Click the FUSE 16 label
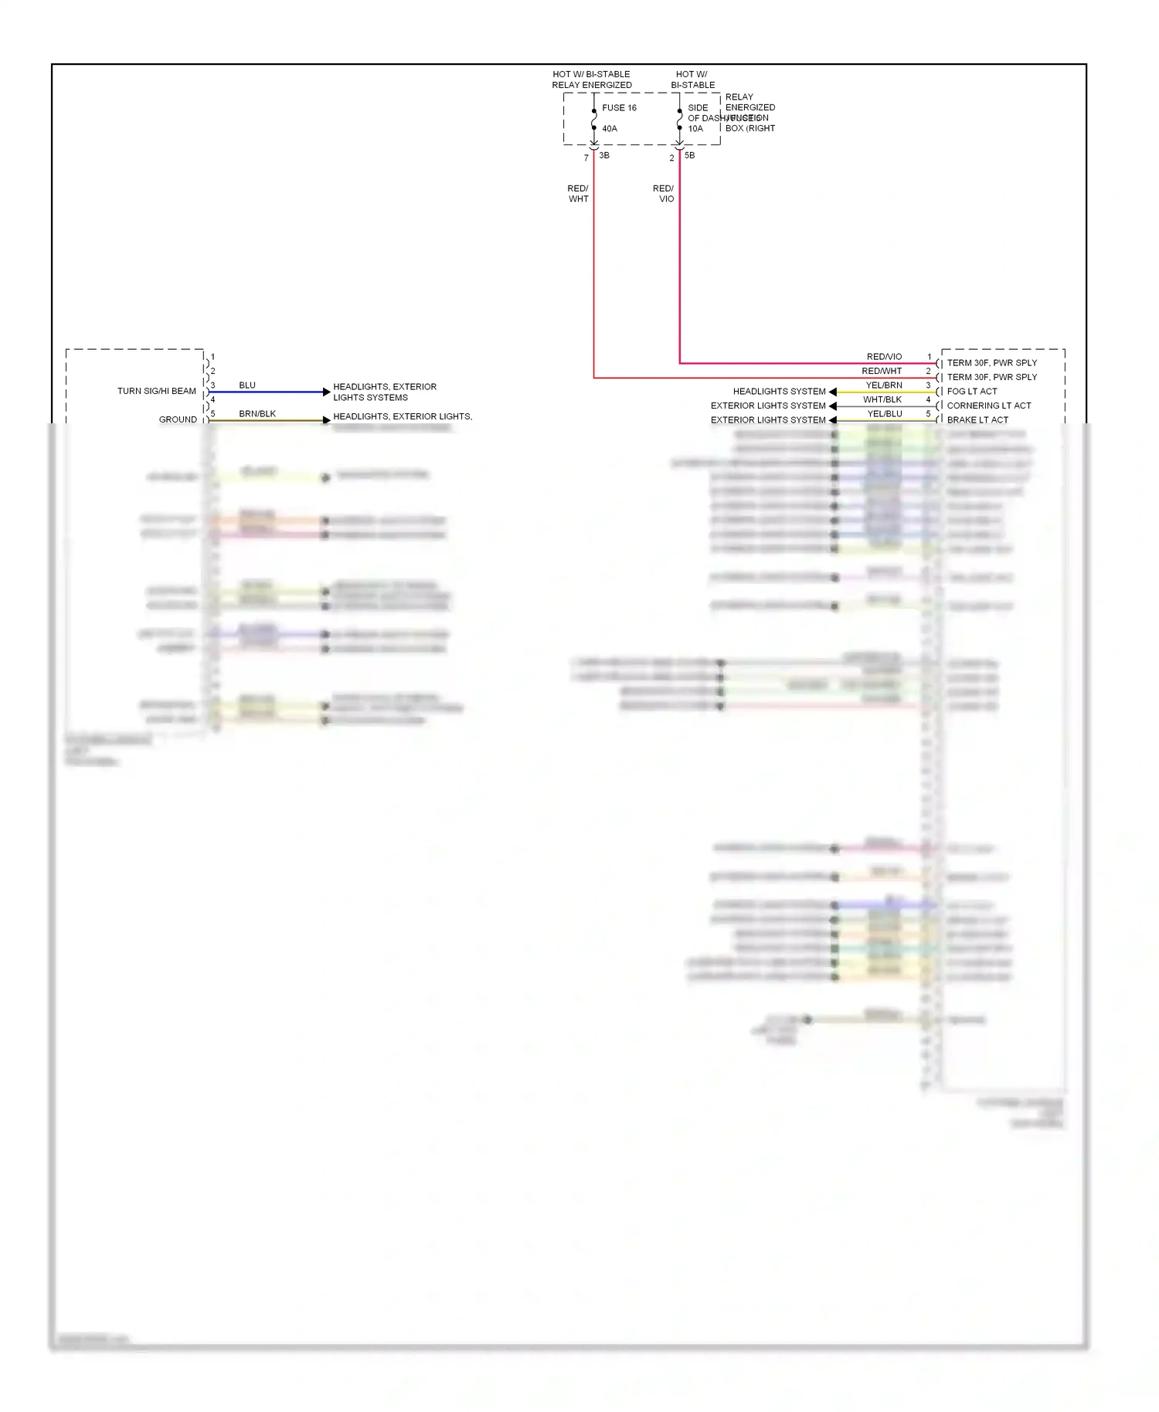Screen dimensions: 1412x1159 coord(619,108)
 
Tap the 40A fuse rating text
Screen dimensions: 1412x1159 coord(610,129)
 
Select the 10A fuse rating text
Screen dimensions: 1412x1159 coord(695,129)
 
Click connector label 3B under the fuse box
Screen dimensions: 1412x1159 coord(604,155)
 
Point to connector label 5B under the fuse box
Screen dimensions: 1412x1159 coord(689,155)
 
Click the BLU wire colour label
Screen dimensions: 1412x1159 coord(247,385)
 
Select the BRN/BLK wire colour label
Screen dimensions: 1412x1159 coord(257,414)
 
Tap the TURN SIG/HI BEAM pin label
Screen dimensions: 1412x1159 coord(157,392)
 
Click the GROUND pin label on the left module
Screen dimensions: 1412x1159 coord(178,420)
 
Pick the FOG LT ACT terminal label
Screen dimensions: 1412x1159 coord(972,392)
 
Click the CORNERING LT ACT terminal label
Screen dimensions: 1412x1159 coord(989,406)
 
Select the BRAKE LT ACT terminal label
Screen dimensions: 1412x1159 coord(977,420)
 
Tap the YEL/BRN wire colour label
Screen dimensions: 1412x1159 coord(884,385)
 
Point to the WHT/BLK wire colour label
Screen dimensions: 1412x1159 coord(882,400)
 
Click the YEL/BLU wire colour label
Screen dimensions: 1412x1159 coord(885,414)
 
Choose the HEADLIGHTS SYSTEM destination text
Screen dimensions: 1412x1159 coord(779,392)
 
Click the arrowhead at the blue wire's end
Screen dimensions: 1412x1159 coord(326,392)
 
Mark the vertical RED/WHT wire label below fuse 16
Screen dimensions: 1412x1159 coord(578,194)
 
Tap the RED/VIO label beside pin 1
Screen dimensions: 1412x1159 coord(884,357)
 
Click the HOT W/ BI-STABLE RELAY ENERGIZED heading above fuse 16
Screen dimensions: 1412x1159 coord(592,80)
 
